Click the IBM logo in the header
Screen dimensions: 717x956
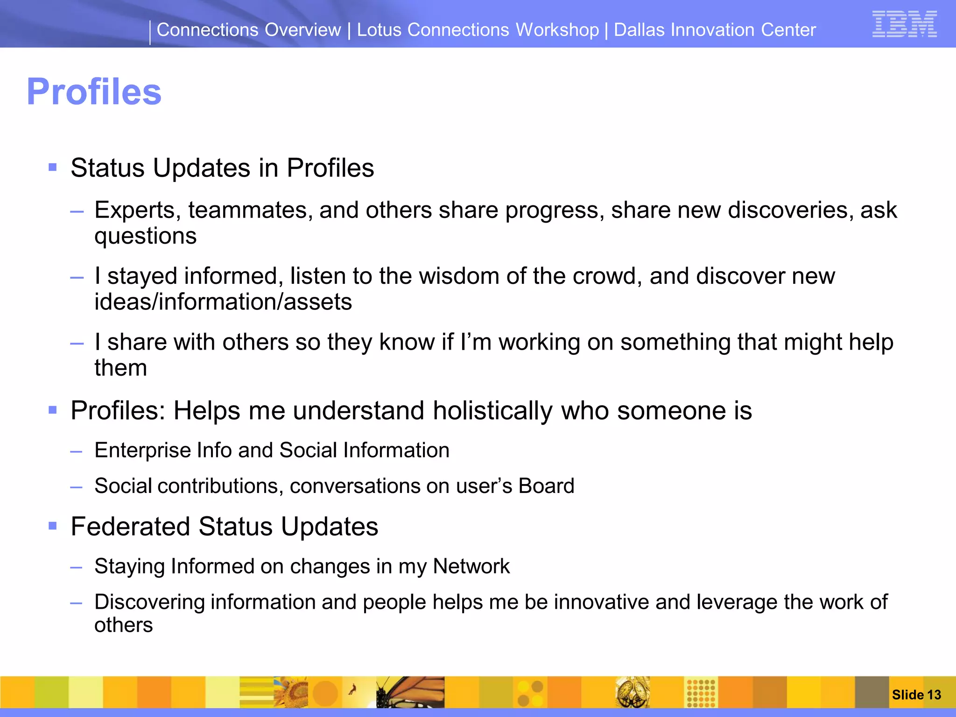click(x=904, y=24)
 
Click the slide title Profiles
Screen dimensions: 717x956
click(x=94, y=91)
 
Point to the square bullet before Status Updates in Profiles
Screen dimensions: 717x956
click(x=53, y=167)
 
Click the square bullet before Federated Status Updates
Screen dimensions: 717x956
click(x=53, y=526)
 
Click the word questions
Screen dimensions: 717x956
click(x=146, y=236)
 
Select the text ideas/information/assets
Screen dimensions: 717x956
click(x=223, y=302)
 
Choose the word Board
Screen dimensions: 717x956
click(x=546, y=486)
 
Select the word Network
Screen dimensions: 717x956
click(x=471, y=566)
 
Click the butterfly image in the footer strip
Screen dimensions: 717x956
click(x=411, y=692)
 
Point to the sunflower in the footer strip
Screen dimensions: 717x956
click(x=291, y=692)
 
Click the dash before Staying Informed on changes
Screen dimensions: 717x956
click(x=76, y=568)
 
